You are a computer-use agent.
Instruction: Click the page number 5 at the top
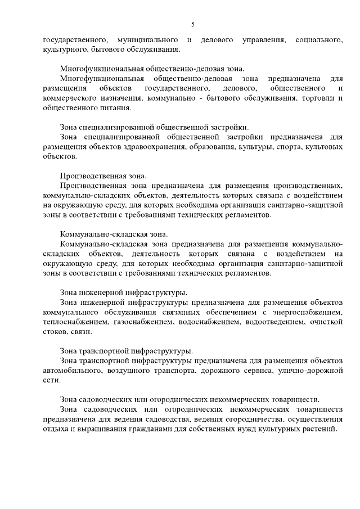click(192, 24)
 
